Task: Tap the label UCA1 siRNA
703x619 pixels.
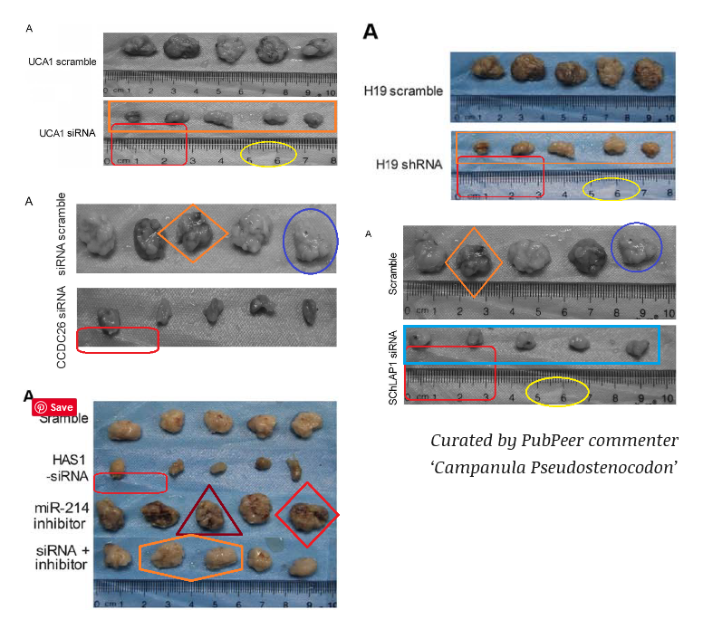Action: point(66,133)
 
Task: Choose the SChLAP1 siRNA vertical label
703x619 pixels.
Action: point(393,367)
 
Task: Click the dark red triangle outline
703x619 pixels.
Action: point(209,512)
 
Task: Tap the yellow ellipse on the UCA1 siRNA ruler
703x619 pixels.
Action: point(269,155)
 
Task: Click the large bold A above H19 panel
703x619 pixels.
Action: point(370,33)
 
